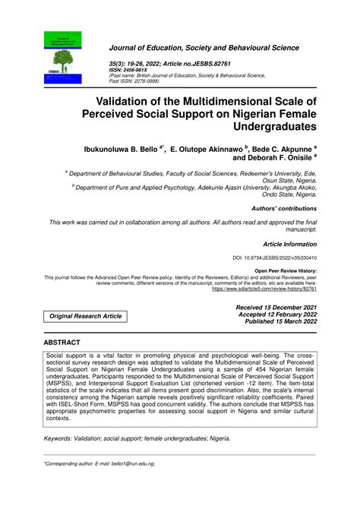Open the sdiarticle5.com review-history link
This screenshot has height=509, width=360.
pyautogui.click(x=264, y=289)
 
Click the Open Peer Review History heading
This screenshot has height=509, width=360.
pyautogui.click(x=285, y=271)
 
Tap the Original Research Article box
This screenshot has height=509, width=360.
pyautogui.click(x=84, y=316)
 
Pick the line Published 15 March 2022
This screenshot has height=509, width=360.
pyautogui.click(x=281, y=321)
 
